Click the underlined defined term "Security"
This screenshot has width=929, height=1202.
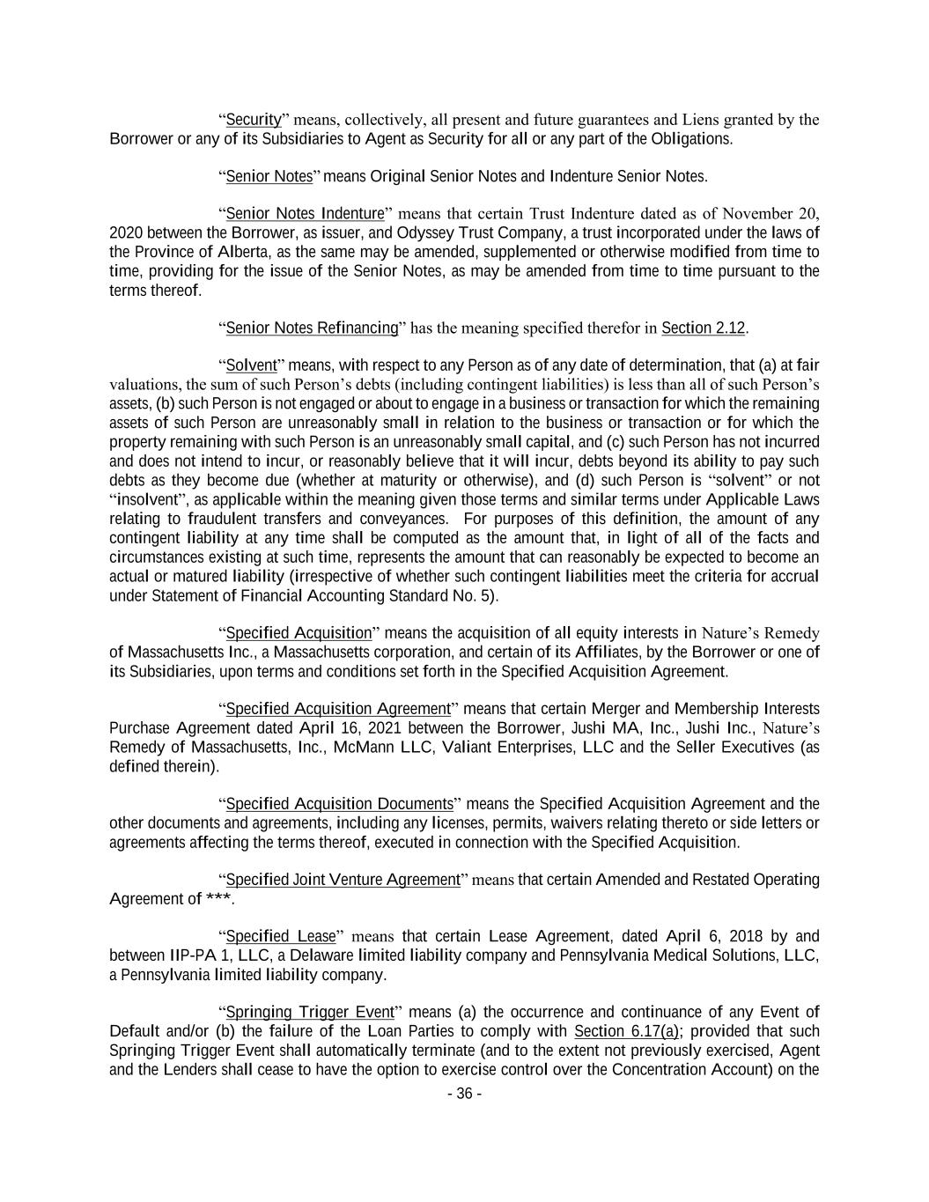(x=254, y=120)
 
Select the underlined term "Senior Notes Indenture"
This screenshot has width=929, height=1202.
(x=306, y=214)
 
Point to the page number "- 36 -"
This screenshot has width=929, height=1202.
(x=465, y=1094)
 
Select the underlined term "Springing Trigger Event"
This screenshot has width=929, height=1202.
(x=310, y=1012)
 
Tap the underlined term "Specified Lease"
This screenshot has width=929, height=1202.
(x=281, y=936)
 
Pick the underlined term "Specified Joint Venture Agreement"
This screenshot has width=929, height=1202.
(x=343, y=880)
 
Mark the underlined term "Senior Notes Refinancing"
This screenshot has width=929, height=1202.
(x=313, y=328)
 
